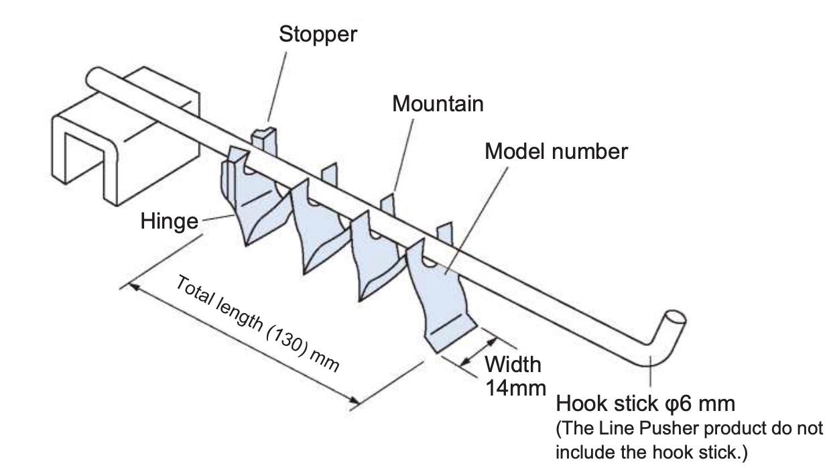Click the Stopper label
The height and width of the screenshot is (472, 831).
(318, 34)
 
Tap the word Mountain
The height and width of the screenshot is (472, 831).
(438, 104)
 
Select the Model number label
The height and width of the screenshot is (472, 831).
(556, 152)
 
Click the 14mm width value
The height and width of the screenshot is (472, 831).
(515, 388)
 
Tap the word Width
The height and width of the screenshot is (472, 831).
(513, 365)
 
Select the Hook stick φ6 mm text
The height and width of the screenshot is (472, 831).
(646, 404)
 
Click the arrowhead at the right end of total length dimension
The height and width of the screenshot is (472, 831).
(355, 402)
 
